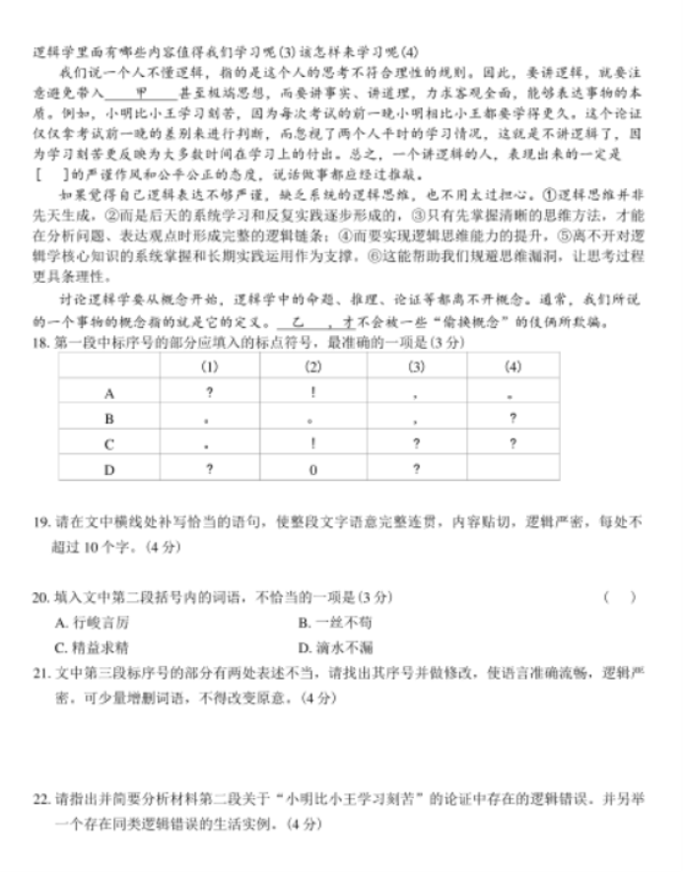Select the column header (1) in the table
pyautogui.click(x=210, y=367)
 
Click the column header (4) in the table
pyautogui.click(x=512, y=367)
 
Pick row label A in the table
pyautogui.click(x=109, y=392)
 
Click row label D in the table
pyautogui.click(x=109, y=469)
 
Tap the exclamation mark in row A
pyautogui.click(x=312, y=392)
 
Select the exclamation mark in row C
pyautogui.click(x=312, y=443)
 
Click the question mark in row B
pyautogui.click(x=512, y=418)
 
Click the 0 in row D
pyautogui.click(x=312, y=469)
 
